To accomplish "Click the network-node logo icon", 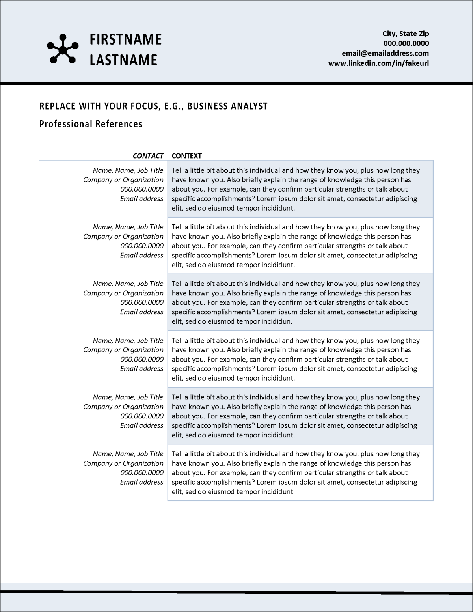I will point(63,49).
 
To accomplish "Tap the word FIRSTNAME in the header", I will point(125,39).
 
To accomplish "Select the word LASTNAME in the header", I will point(123,60).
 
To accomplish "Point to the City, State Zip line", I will point(406,34).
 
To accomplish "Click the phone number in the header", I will point(406,43).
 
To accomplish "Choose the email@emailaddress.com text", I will point(385,53).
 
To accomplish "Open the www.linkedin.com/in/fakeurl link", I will point(378,63).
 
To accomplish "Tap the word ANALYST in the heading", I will point(250,106).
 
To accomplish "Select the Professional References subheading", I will point(91,124).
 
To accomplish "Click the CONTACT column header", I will point(148,156).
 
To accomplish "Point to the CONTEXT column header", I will point(187,156).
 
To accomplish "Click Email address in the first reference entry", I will point(142,199).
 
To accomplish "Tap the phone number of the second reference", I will point(142,246).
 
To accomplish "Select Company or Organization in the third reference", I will point(123,293).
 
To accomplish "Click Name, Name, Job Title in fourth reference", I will point(128,340).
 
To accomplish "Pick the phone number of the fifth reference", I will point(142,416).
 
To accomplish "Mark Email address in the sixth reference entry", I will point(142,482).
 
